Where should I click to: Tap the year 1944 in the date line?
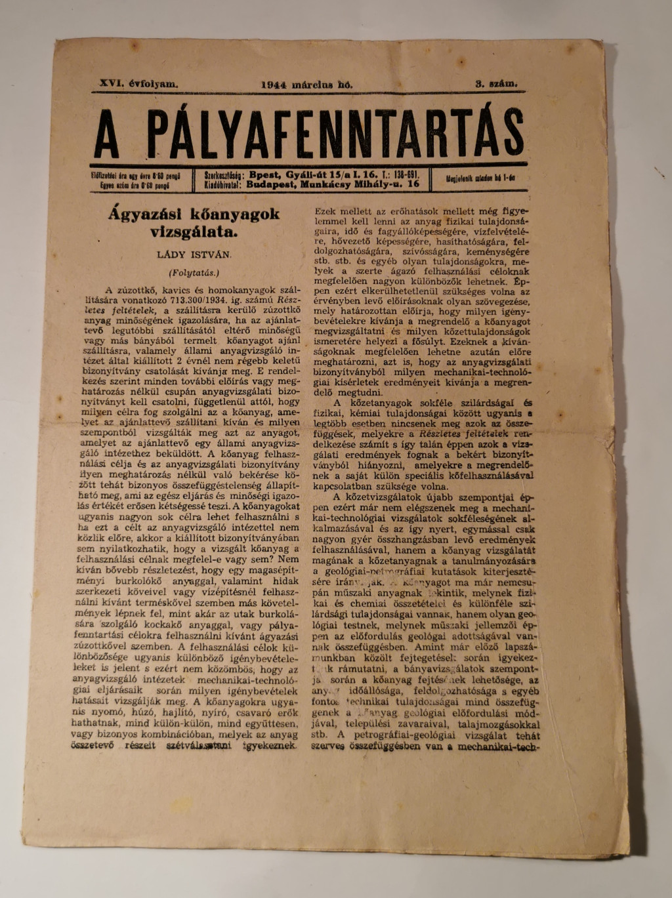pos(274,85)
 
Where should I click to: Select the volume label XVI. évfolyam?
pos(138,84)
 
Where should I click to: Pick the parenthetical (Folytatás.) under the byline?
pos(193,271)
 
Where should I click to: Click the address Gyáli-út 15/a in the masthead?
pos(314,175)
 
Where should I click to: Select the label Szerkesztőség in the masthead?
pos(224,176)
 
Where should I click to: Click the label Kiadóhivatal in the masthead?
pos(224,185)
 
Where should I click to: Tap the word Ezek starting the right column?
pos(325,213)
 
